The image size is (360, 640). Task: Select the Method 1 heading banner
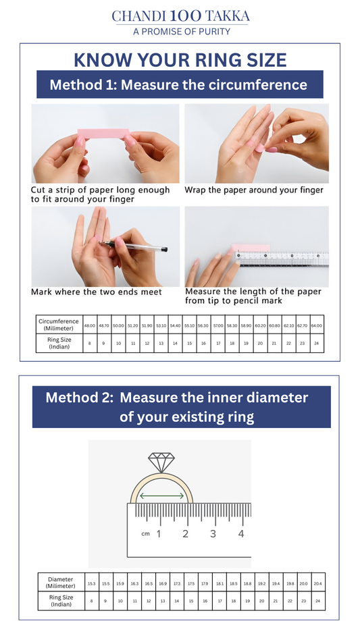tap(180, 85)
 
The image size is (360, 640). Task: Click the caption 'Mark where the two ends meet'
tap(97, 292)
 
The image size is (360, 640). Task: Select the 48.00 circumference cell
tap(89, 325)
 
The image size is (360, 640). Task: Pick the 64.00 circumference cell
tap(316, 325)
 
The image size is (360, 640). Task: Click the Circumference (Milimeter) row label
tap(59, 325)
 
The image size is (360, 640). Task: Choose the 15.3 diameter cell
tap(91, 583)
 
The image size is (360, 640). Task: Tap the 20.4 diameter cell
tap(317, 583)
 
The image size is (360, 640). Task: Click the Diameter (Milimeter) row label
tap(61, 583)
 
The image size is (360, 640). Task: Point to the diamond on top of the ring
tap(161, 462)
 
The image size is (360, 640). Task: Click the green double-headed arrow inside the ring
tap(161, 496)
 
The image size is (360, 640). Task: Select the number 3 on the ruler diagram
tap(213, 534)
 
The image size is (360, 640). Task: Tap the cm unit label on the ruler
tap(145, 534)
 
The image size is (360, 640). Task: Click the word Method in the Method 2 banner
tap(74, 398)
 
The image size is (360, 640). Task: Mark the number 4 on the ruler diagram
tap(241, 534)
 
